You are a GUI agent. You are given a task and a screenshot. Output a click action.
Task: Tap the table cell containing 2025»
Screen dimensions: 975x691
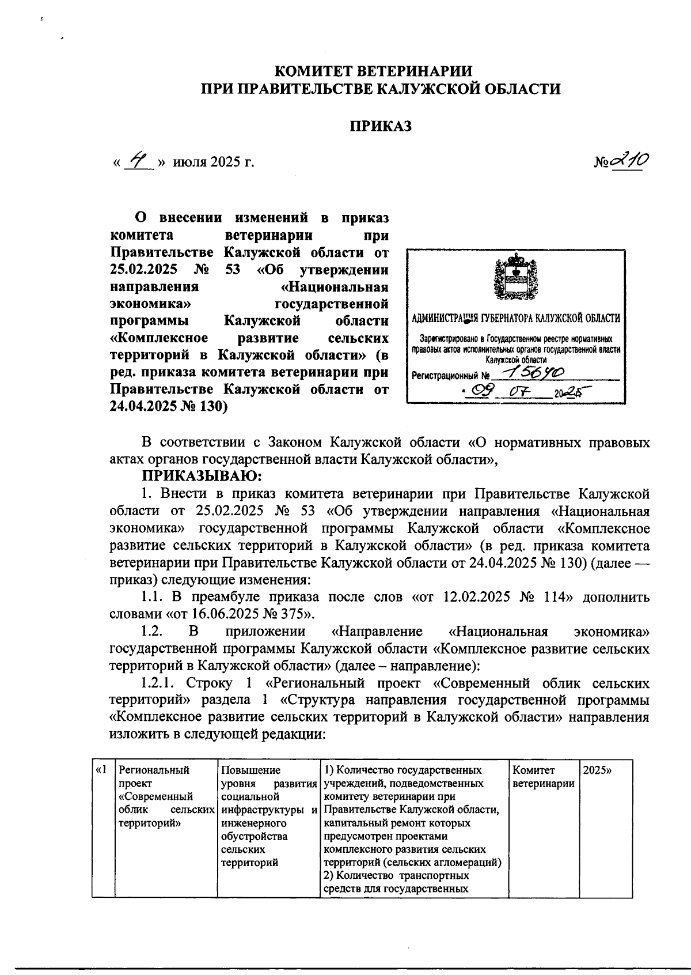(597, 770)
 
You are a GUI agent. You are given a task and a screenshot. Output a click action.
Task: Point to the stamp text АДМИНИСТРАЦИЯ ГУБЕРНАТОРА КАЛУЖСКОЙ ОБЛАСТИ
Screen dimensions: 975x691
(517, 318)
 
